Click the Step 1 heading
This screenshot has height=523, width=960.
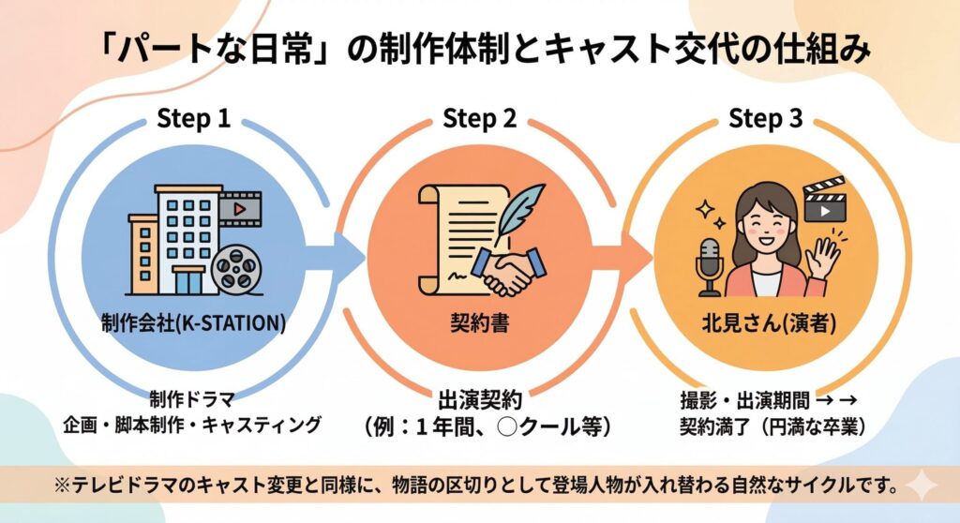(x=193, y=119)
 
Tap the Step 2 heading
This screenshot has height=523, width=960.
(x=479, y=119)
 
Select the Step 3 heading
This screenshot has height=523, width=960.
(x=766, y=119)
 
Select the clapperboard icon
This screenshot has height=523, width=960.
(x=825, y=201)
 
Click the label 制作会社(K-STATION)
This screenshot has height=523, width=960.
(x=192, y=323)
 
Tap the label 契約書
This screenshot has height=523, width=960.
(x=479, y=323)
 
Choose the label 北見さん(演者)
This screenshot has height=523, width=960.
(x=765, y=323)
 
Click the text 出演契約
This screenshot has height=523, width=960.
(x=479, y=400)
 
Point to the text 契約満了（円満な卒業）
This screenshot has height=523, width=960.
(x=765, y=426)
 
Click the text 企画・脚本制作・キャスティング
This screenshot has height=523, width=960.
(x=193, y=426)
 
